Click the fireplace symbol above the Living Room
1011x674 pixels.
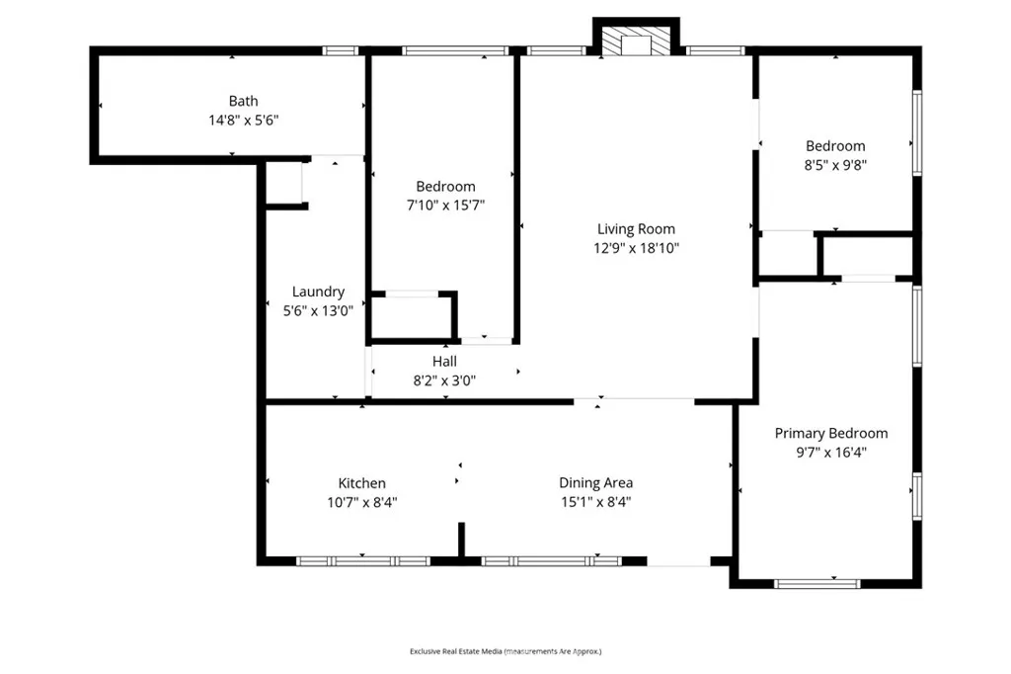point(636,41)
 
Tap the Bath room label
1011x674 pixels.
point(244,101)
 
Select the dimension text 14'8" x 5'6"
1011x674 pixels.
point(244,120)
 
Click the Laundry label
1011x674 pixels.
point(318,292)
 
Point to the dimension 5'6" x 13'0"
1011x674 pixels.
point(318,309)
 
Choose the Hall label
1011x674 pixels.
point(444,362)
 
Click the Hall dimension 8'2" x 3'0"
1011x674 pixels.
point(444,379)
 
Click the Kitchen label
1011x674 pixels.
point(362,483)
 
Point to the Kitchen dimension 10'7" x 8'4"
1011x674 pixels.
point(362,502)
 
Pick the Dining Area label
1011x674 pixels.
point(595,483)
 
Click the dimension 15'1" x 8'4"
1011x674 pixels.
point(595,502)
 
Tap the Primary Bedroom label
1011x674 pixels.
point(830,433)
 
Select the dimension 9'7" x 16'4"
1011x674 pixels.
point(830,452)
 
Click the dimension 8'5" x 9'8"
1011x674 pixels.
point(835,165)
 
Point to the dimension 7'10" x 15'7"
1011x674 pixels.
point(445,205)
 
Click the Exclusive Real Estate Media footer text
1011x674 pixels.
point(505,651)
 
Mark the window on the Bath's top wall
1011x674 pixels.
point(341,50)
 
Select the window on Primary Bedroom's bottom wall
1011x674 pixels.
point(811,583)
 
